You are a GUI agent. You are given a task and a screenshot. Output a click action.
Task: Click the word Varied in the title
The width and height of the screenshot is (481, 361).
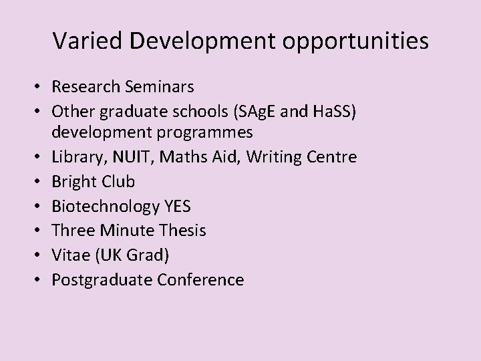[x=84, y=41]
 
